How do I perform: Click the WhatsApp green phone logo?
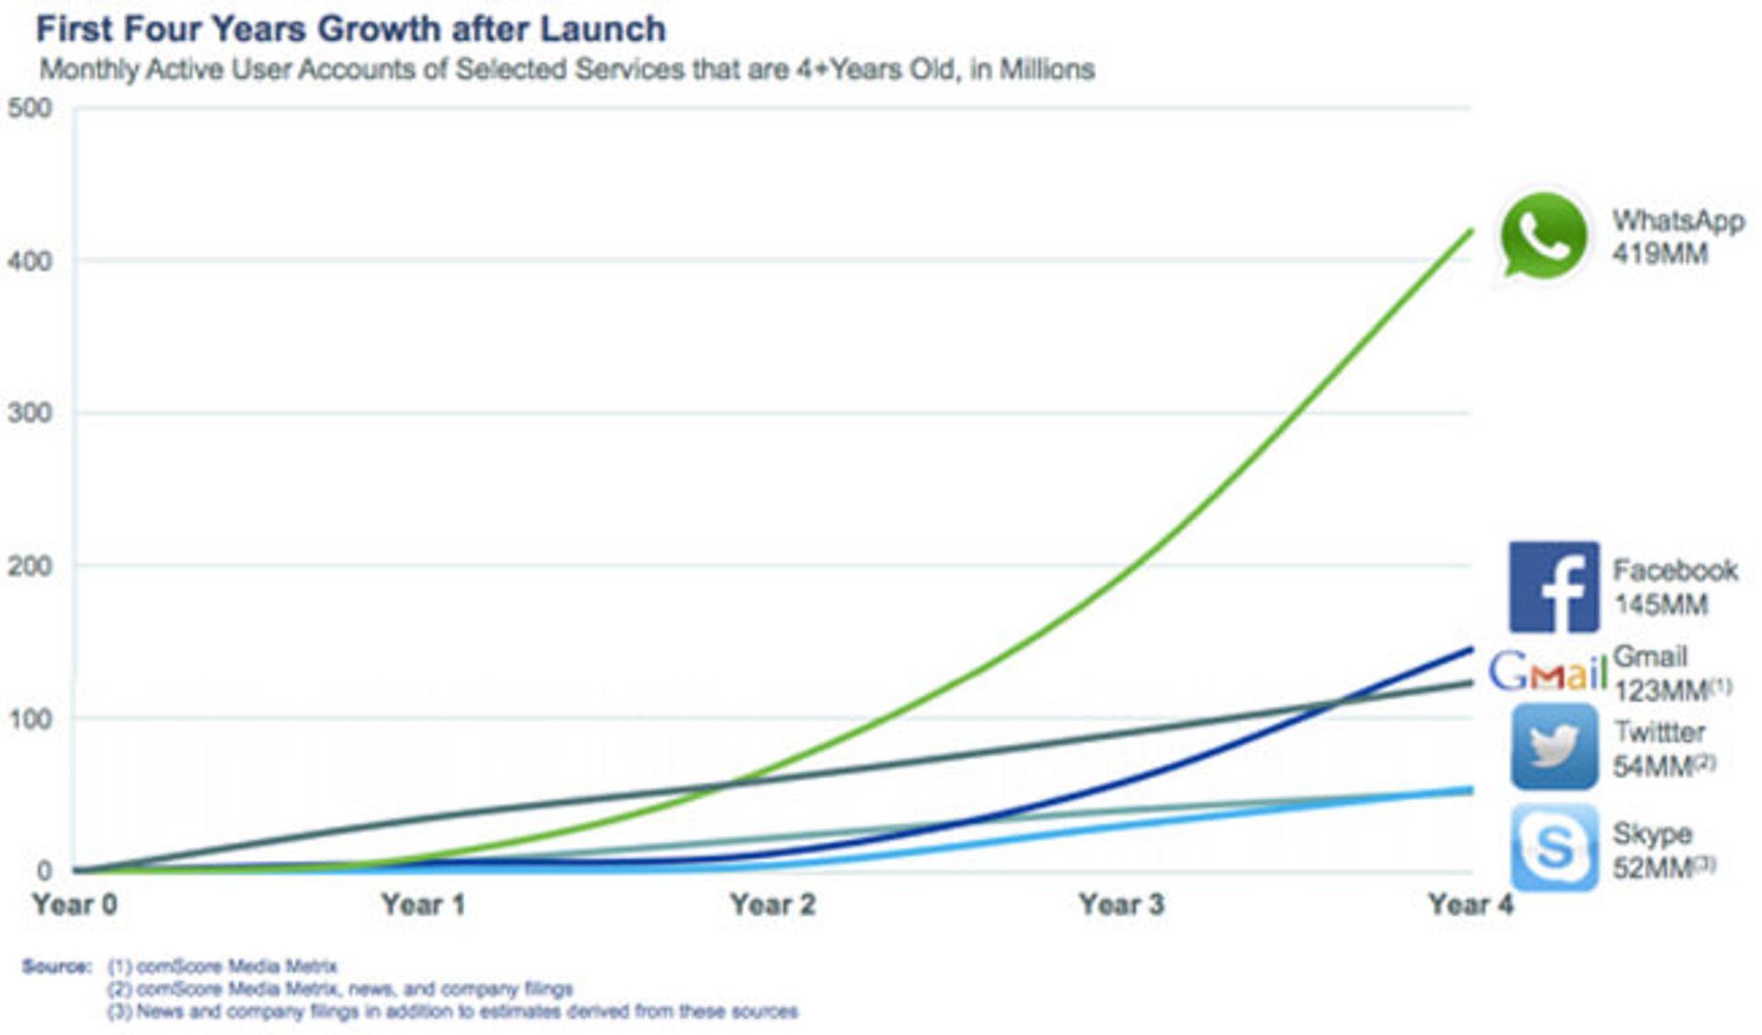[x=1544, y=236]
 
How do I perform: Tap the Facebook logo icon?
[x=1553, y=587]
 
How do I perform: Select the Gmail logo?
[x=1547, y=672]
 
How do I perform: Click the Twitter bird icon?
[x=1553, y=747]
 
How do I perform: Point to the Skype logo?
[x=1553, y=848]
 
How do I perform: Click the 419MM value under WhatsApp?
[x=1660, y=254]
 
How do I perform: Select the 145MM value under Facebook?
[x=1661, y=605]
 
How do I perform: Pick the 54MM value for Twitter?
[x=1654, y=765]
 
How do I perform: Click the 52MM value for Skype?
[x=1654, y=867]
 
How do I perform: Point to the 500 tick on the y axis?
[x=30, y=108]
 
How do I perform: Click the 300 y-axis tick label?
[x=30, y=413]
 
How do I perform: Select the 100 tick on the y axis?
[x=30, y=718]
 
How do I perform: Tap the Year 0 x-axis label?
[x=74, y=905]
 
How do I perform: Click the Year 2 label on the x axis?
[x=773, y=905]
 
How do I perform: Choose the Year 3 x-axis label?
[x=1121, y=905]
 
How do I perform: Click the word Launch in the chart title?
[x=602, y=29]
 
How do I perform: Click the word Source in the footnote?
[x=56, y=966]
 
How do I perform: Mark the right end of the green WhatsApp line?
[x=1471, y=231]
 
